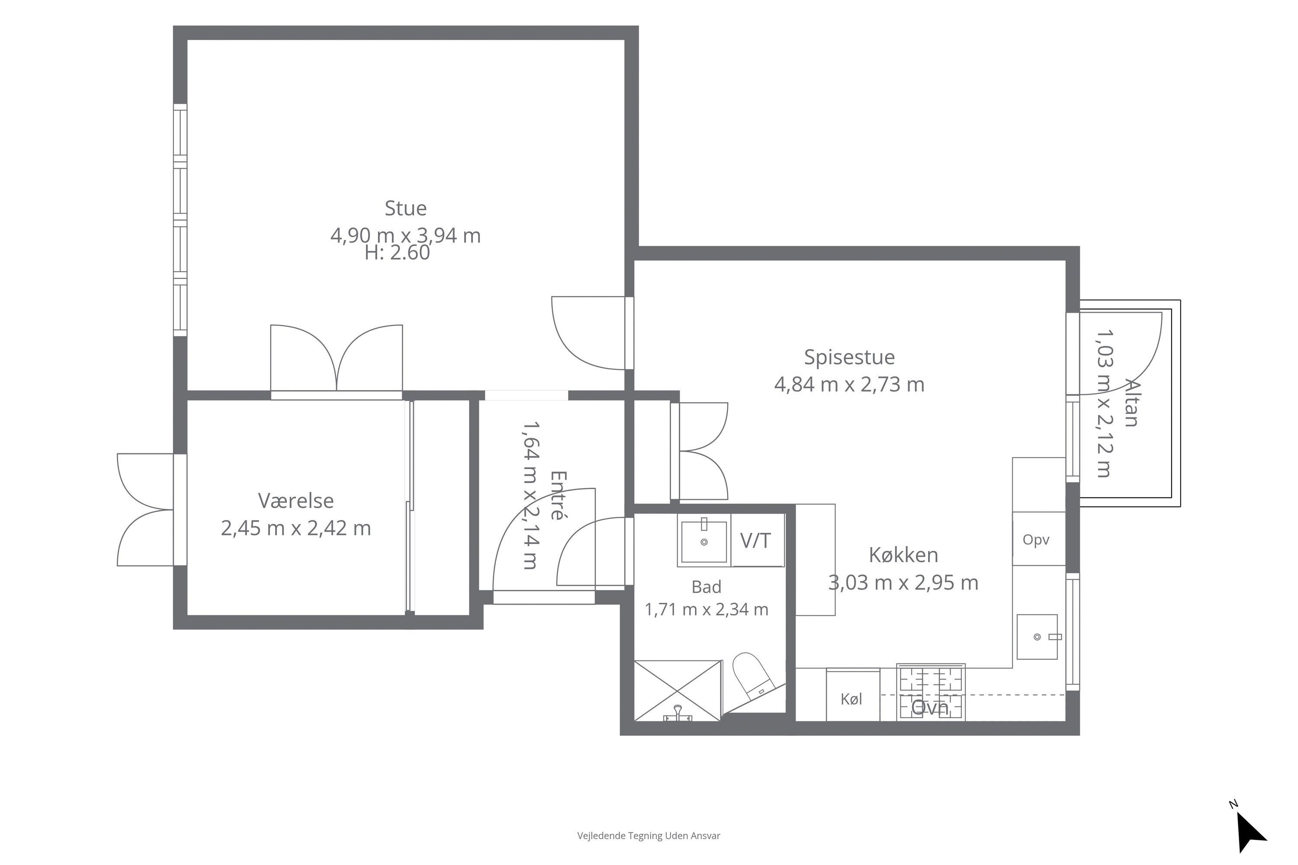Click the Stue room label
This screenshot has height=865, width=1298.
click(406, 208)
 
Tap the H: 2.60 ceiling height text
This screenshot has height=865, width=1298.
click(397, 253)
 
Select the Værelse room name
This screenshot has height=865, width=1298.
click(296, 501)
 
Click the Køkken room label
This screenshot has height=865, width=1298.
click(903, 555)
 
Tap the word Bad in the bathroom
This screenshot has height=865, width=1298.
click(707, 587)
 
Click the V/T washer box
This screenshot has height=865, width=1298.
click(757, 540)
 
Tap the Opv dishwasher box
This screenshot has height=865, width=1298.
click(1039, 539)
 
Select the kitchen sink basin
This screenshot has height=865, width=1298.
click(1037, 637)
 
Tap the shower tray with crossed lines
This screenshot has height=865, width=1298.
click(678, 691)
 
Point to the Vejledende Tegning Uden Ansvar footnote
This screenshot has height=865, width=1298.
click(649, 836)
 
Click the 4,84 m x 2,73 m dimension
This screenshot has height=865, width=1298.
click(849, 384)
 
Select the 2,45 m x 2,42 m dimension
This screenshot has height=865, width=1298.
click(296, 529)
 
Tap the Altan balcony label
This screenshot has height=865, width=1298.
click(1131, 403)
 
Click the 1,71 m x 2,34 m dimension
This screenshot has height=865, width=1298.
click(707, 609)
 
